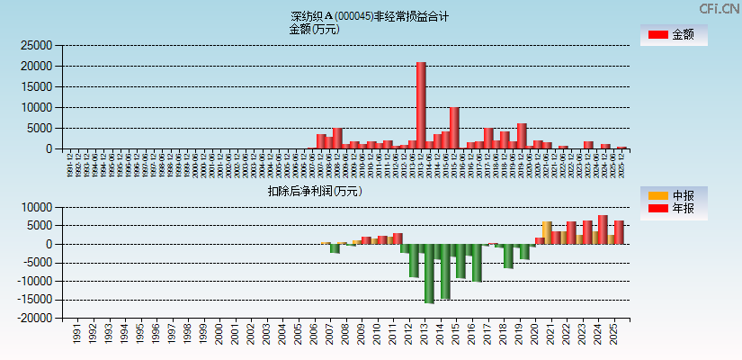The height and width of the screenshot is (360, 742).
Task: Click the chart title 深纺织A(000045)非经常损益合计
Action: click(x=370, y=16)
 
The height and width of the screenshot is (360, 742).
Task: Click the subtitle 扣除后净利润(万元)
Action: click(x=314, y=191)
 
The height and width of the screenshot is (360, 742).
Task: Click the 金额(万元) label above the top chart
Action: click(x=314, y=29)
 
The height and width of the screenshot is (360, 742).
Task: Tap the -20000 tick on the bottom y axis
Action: click(x=33, y=318)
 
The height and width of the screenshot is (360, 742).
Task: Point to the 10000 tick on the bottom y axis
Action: click(x=36, y=207)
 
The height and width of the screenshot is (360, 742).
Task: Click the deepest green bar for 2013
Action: click(x=429, y=274)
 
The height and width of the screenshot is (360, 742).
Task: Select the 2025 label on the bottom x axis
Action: click(x=613, y=336)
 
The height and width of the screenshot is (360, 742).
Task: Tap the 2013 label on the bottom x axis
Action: click(x=423, y=336)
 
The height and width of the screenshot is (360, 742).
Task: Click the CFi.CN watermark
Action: click(x=720, y=8)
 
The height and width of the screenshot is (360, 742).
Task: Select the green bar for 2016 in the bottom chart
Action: click(x=477, y=263)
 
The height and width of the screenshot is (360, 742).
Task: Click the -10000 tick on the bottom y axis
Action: click(x=33, y=281)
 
